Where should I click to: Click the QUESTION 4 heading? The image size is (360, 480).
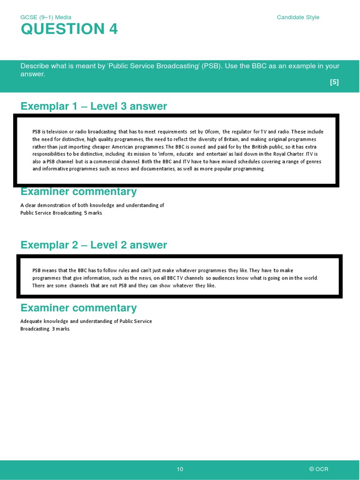click(69, 29)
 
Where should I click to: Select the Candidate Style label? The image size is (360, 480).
click(298, 17)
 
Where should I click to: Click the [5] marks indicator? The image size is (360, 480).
click(334, 82)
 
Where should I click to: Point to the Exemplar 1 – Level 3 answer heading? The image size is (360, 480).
click(94, 106)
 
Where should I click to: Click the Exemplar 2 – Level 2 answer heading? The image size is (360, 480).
click(94, 245)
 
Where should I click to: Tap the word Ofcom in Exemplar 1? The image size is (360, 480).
click(212, 132)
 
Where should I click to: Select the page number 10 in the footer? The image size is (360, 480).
click(180, 469)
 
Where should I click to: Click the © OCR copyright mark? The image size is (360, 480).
click(319, 469)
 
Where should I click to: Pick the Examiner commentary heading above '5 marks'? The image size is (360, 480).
click(79, 191)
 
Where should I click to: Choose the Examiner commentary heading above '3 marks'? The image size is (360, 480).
click(79, 308)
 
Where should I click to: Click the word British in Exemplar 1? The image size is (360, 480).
click(260, 147)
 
